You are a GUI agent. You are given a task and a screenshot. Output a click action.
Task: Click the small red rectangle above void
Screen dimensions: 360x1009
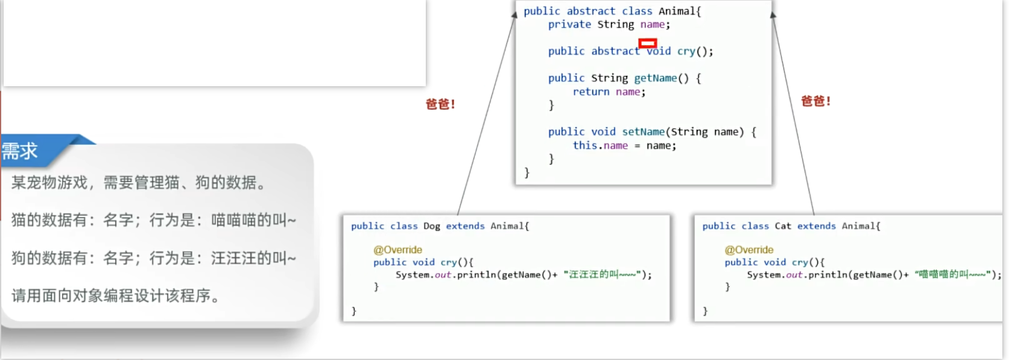tap(647, 43)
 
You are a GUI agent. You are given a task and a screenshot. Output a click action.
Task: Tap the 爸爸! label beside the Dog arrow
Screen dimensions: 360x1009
tap(440, 104)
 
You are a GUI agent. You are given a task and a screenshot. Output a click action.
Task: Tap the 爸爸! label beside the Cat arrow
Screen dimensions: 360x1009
tap(815, 101)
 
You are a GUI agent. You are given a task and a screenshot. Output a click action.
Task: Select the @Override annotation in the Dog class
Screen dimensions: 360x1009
tap(397, 250)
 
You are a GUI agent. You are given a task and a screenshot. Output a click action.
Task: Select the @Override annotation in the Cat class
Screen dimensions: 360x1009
tap(748, 250)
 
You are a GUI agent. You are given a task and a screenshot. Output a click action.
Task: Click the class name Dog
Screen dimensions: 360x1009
tap(431, 226)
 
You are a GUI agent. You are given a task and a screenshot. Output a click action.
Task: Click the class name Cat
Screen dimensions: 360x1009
tap(782, 226)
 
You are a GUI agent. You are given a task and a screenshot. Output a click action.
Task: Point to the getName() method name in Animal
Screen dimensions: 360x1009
tap(655, 78)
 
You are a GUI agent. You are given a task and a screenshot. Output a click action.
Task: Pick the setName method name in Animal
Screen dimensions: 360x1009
tap(643, 131)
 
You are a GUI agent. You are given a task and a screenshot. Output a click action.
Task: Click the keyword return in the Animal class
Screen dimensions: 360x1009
tap(590, 92)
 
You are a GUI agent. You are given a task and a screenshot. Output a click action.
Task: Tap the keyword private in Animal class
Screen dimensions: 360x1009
tap(569, 25)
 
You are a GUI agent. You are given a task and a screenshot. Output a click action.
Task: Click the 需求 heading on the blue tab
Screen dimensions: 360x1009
tap(20, 151)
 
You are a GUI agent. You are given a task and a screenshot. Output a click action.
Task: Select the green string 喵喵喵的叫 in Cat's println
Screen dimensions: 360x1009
tap(952, 275)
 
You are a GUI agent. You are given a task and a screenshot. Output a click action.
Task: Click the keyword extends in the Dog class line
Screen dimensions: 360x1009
tap(465, 226)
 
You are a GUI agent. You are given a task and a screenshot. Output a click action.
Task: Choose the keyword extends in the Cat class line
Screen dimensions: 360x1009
tap(816, 226)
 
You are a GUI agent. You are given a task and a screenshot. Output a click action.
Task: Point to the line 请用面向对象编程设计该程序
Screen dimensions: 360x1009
tap(115, 295)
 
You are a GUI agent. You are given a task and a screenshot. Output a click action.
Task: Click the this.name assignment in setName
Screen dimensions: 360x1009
tap(600, 145)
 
